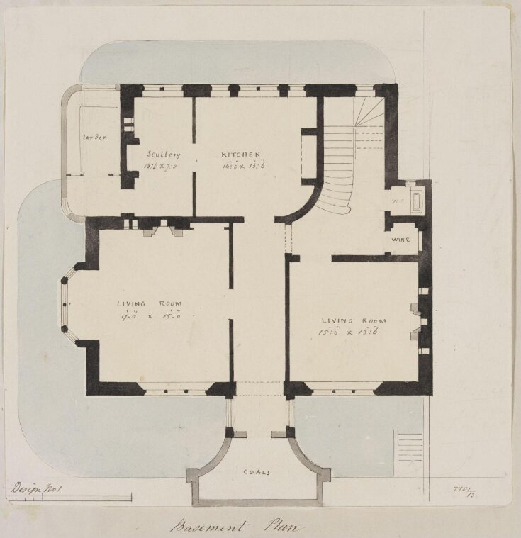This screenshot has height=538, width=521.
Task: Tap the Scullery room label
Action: (x=164, y=155)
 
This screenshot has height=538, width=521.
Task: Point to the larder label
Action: (x=94, y=138)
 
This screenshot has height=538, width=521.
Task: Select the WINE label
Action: (x=401, y=240)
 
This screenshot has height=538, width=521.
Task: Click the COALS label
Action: (x=256, y=471)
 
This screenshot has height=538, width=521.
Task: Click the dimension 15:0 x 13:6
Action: (x=352, y=330)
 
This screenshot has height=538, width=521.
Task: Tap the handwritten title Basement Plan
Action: (x=234, y=527)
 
